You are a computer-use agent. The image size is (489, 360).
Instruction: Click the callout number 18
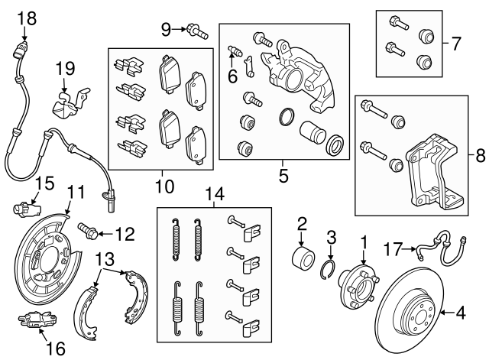(25, 17)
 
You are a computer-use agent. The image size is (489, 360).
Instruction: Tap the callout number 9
(166, 30)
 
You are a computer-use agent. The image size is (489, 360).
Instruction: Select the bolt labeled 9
(196, 31)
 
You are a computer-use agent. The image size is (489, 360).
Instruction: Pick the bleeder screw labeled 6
(237, 52)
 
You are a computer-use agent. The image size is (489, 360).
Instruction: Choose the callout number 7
(455, 43)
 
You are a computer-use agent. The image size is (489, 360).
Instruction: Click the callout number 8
(479, 155)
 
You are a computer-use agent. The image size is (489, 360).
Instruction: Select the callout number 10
(163, 186)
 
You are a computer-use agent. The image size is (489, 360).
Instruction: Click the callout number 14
(218, 195)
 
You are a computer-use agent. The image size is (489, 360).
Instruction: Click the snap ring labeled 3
(330, 266)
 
